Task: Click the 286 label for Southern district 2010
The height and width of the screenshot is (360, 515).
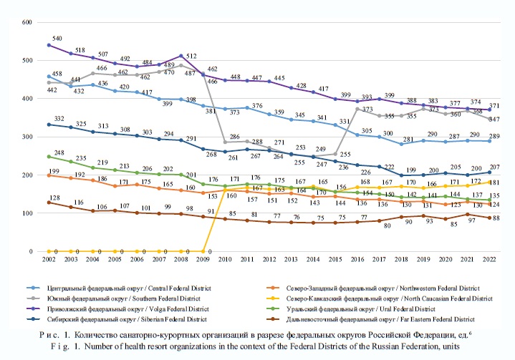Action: coord(233,136)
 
